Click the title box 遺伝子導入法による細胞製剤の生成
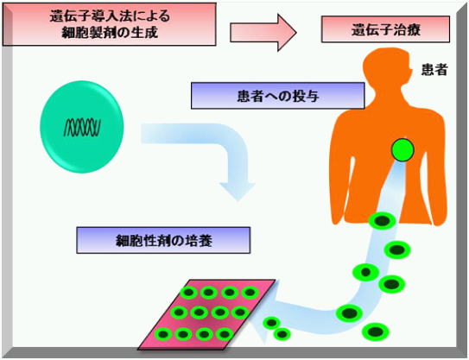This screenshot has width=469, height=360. [110, 24]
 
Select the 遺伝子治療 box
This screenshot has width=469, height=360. [385, 29]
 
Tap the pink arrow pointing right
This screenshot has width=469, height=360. [263, 32]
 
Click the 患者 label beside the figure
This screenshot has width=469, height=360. [434, 70]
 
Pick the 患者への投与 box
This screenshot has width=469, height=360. [278, 96]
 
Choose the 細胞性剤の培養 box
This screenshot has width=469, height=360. [163, 240]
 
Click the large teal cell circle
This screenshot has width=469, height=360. [82, 127]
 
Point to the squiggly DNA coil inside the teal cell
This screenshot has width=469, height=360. [82, 128]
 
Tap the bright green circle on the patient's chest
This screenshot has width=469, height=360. [402, 150]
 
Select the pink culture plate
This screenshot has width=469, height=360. [206, 314]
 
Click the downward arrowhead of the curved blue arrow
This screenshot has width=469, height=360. [238, 192]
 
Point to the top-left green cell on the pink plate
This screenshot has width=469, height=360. [188, 292]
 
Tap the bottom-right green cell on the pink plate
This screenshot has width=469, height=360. [225, 334]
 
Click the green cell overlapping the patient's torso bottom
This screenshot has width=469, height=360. [383, 221]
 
